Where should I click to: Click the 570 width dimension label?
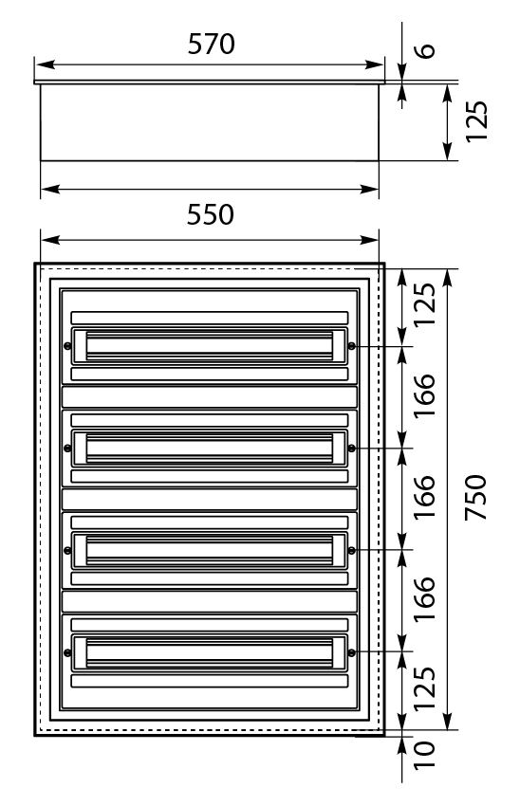click(211, 45)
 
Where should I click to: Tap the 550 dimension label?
click(210, 215)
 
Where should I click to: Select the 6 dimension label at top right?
click(425, 50)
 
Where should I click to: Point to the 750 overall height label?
click(475, 498)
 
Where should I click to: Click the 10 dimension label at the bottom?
click(425, 755)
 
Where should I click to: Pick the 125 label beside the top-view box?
click(476, 121)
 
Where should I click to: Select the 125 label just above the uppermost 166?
click(425, 304)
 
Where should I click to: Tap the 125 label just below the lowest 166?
click(425, 688)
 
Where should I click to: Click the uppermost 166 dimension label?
click(425, 395)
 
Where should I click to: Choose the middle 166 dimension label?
click(425, 498)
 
